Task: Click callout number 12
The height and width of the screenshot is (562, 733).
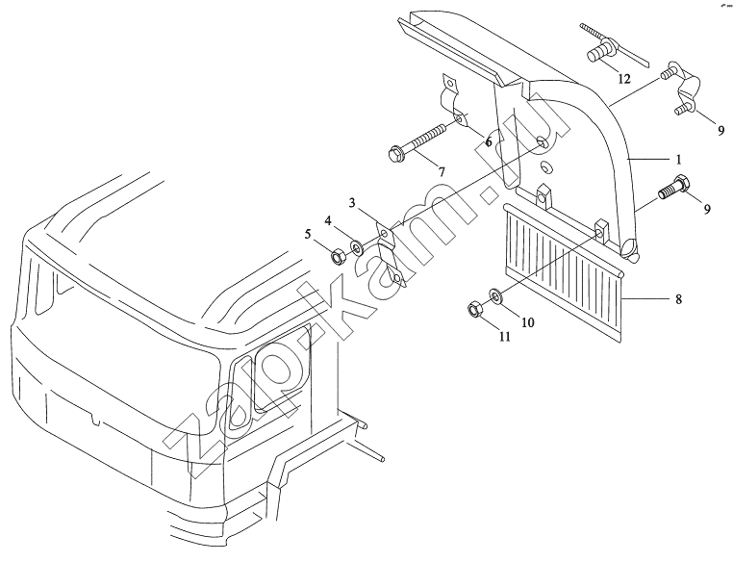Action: [x=624, y=79]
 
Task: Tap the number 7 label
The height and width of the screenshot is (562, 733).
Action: [x=442, y=172]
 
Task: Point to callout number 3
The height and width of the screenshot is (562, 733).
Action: [x=351, y=203]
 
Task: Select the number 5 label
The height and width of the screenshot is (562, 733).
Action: [x=329, y=220]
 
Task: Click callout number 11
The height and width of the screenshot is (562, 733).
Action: [x=308, y=234]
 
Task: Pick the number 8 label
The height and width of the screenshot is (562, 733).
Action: [x=489, y=141]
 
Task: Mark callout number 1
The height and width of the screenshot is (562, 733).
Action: [x=678, y=160]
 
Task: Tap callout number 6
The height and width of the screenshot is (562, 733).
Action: [x=489, y=141]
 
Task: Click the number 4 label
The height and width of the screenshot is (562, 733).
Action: [x=329, y=220]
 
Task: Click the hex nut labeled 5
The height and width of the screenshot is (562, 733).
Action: [x=338, y=257]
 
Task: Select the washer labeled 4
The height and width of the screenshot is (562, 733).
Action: [x=357, y=247]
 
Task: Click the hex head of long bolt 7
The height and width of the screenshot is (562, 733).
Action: [x=395, y=153]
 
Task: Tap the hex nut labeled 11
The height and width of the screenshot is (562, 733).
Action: [x=475, y=310]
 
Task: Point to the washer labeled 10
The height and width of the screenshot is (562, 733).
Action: [x=495, y=295]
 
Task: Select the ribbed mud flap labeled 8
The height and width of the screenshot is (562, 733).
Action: [x=563, y=269]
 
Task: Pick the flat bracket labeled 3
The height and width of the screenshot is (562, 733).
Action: [x=387, y=252]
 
